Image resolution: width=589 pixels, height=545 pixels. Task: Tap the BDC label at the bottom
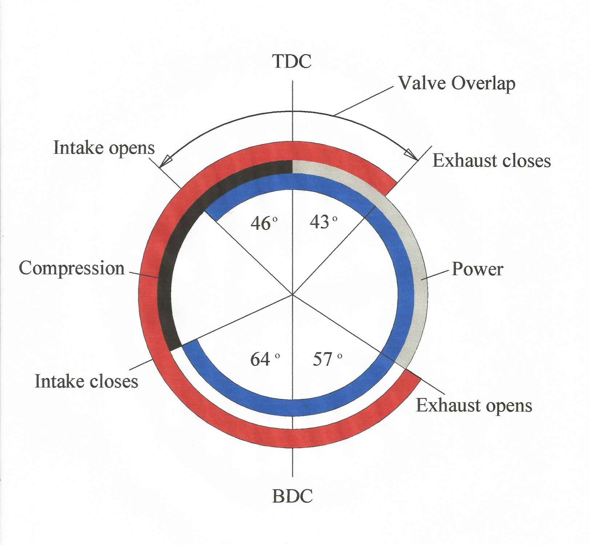coord(292,496)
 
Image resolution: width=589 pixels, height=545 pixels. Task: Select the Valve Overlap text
coord(457,84)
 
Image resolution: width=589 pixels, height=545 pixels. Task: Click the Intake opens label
coord(104,148)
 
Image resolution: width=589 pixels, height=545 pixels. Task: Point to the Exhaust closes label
coord(491,161)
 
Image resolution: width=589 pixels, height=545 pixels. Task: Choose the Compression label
coord(72,269)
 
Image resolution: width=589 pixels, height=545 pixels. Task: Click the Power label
coord(477,269)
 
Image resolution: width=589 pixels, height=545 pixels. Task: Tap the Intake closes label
coord(87,381)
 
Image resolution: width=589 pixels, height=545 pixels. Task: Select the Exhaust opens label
coord(474,405)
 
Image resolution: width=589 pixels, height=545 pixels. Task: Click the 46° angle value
coord(264,223)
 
